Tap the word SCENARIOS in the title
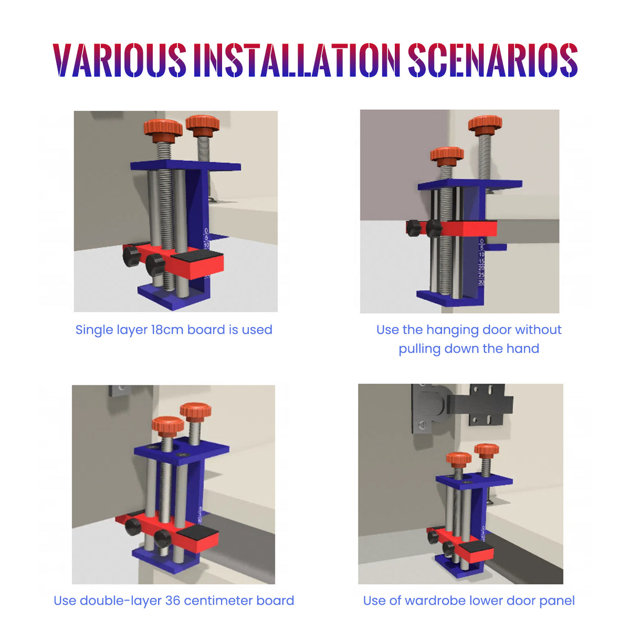(492, 60)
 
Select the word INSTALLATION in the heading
(297, 60)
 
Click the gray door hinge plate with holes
(489, 404)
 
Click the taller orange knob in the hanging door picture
(485, 125)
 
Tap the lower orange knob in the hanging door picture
(447, 157)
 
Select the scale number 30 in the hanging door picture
(481, 282)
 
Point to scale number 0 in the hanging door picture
(481, 241)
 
